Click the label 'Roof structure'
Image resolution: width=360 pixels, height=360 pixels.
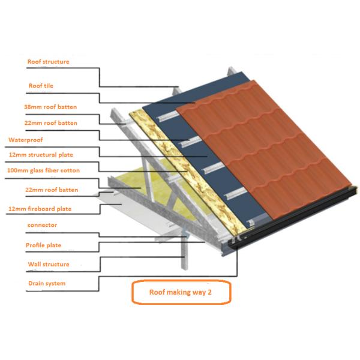[x=48, y=62]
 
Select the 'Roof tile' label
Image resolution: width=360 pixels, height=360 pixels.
[x=41, y=86]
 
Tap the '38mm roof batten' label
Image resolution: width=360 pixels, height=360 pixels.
[x=50, y=107]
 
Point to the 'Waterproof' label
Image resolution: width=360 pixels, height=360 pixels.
[x=25, y=139]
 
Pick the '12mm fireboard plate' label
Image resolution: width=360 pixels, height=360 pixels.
[x=48, y=209]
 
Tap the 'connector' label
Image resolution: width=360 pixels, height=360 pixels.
[x=41, y=226]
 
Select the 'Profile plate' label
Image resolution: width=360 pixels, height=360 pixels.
[x=43, y=245]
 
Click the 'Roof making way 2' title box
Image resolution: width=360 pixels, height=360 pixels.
[x=181, y=293]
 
